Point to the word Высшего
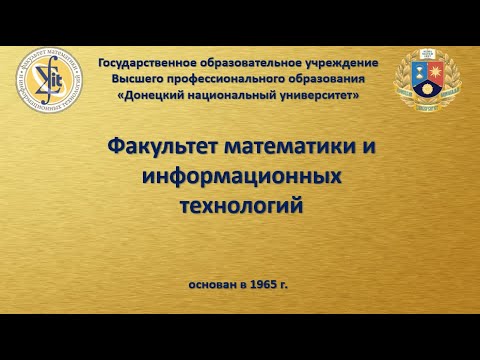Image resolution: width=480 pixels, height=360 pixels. [x=139, y=79]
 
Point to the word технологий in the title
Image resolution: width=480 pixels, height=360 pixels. [x=239, y=204]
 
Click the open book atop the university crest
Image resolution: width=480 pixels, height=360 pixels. [x=427, y=54]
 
